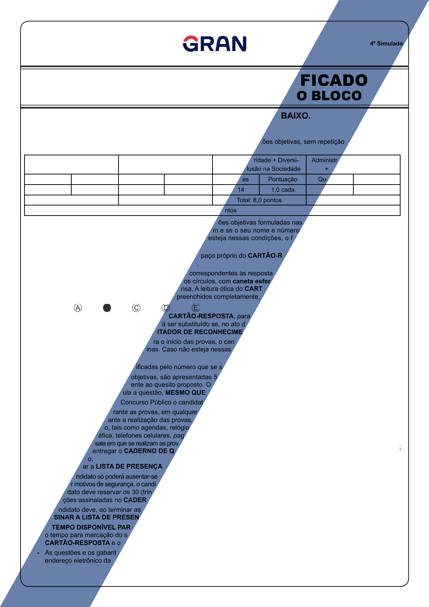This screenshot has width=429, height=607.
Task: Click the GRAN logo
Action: click(215, 44)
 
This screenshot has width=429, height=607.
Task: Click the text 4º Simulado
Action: click(386, 44)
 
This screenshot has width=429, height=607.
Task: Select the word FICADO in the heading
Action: click(334, 80)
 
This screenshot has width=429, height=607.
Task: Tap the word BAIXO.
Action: click(295, 116)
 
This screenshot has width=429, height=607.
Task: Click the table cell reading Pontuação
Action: click(283, 180)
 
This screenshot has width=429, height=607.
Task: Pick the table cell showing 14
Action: click(241, 190)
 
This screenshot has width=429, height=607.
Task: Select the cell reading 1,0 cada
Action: click(283, 190)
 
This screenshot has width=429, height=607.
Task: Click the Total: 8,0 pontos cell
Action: click(259, 200)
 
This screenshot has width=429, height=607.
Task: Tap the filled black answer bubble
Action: click(107, 308)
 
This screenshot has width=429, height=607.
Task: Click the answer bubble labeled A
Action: click(78, 308)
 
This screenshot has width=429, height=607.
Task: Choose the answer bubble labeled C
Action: click(136, 308)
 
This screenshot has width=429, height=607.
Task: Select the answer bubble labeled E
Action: click(196, 308)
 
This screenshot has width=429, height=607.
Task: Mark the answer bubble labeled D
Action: click(166, 308)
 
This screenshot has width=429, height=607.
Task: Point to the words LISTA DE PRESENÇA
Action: click(129, 466)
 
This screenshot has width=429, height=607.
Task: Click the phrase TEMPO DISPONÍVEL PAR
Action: click(91, 527)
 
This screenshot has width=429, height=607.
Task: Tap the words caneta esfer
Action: click(251, 281)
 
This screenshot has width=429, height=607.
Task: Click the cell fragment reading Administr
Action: click(324, 160)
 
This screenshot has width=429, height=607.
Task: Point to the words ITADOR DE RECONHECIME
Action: click(200, 332)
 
